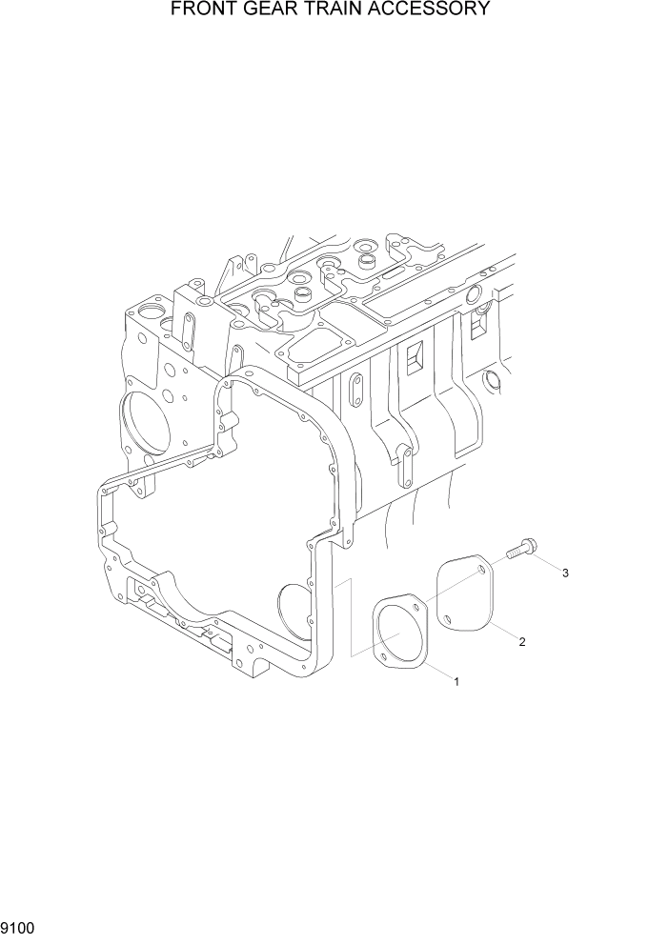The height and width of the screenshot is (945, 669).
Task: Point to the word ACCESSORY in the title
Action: [434, 10]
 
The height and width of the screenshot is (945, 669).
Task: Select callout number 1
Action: [457, 681]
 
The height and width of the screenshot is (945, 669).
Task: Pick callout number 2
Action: [522, 641]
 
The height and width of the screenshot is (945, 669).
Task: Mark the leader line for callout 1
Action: [437, 671]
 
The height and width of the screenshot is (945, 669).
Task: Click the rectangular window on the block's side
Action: [415, 356]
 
